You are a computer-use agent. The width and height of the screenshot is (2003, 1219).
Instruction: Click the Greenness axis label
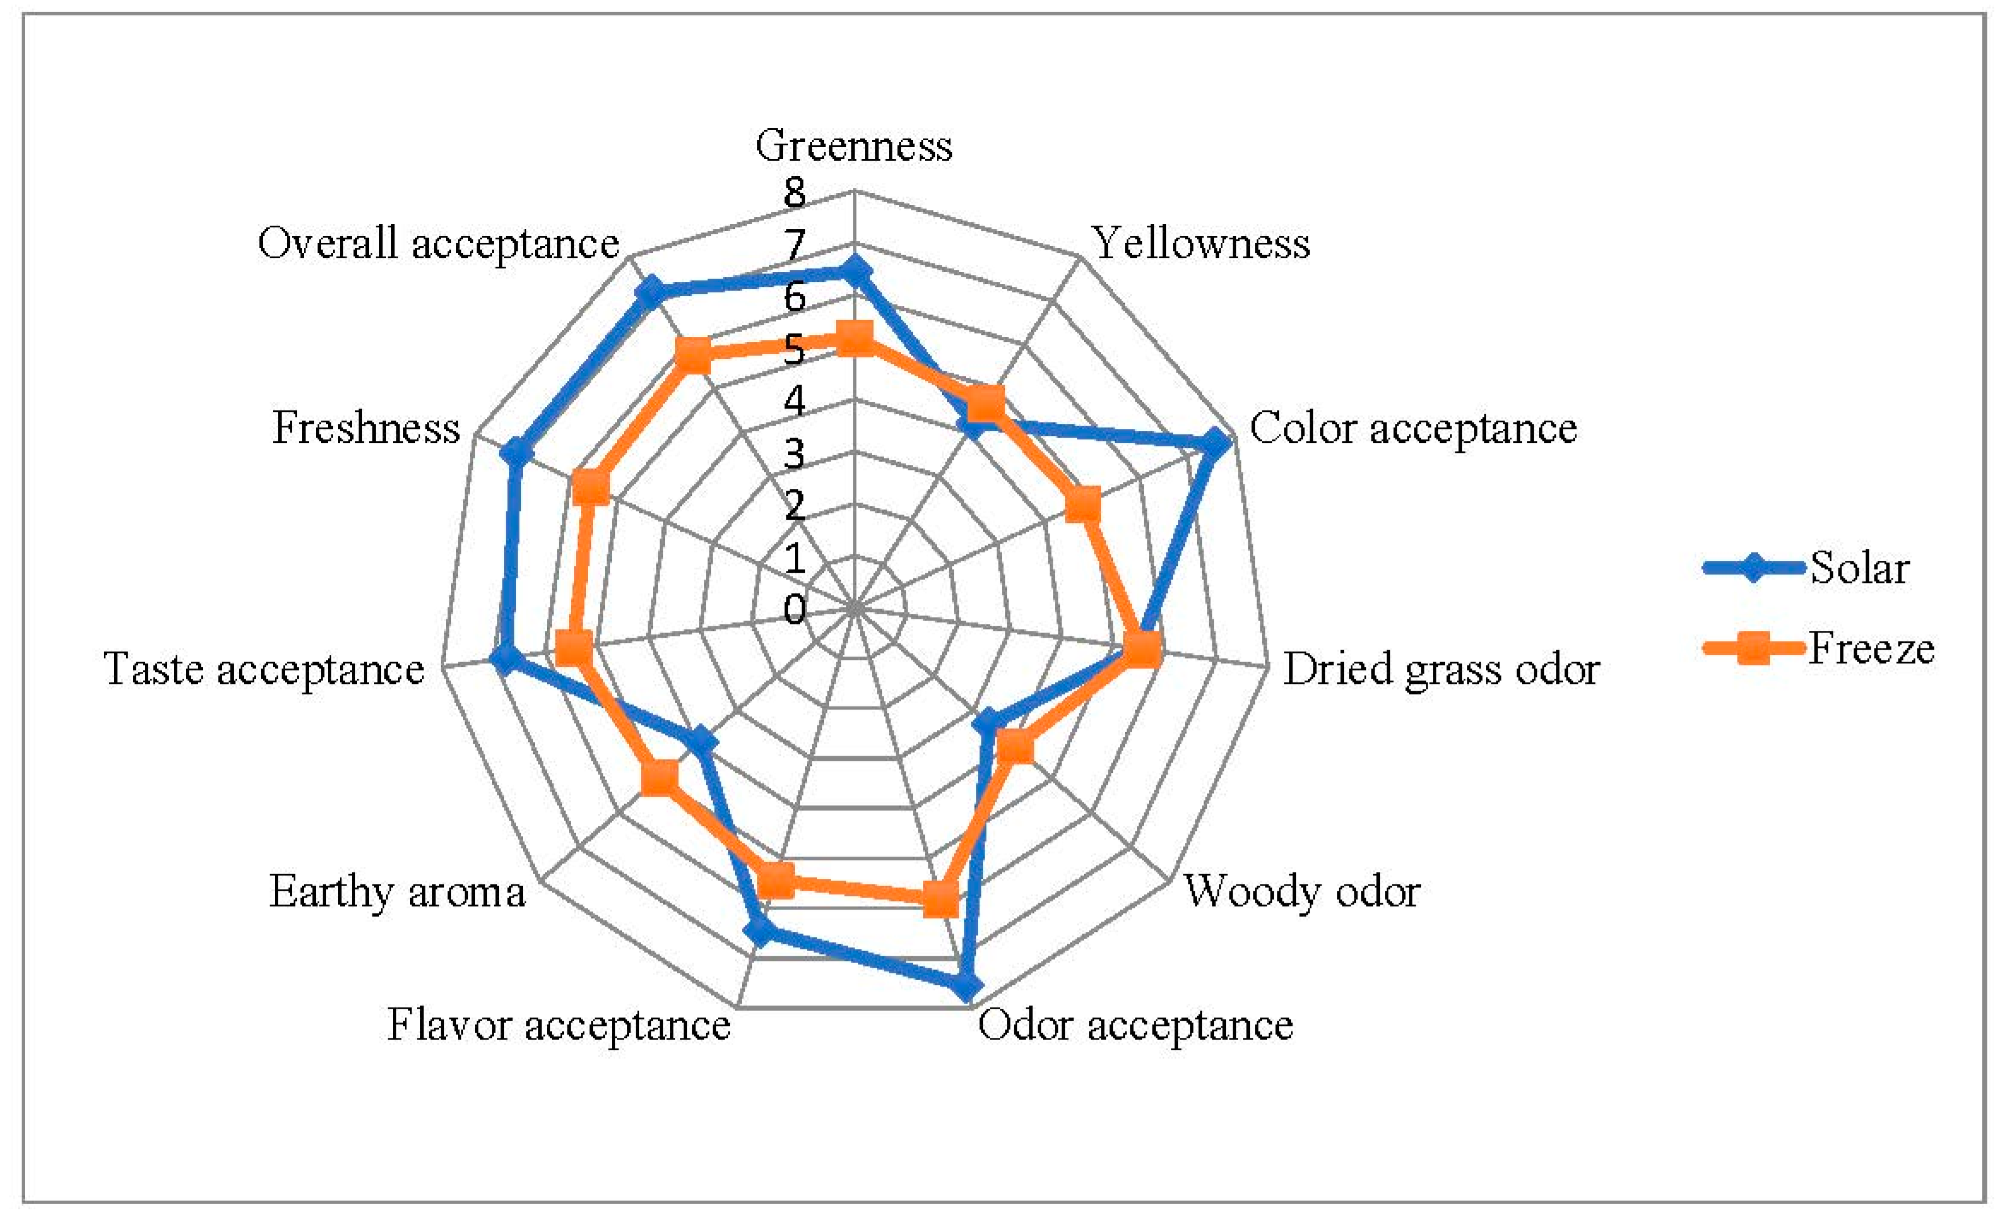(854, 146)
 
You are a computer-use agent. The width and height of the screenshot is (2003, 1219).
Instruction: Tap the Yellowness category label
(1201, 243)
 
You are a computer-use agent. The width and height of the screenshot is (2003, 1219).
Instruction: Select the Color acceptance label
(1413, 429)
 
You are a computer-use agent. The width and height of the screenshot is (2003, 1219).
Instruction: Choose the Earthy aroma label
(397, 892)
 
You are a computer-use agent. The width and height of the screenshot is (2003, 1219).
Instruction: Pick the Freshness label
(366, 429)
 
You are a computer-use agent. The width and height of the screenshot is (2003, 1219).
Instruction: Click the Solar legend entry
(1860, 568)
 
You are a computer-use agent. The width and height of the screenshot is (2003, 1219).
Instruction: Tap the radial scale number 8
(794, 193)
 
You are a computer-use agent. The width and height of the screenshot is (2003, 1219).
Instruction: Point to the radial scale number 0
(794, 610)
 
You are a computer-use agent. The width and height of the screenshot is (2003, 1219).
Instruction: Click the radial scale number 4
(794, 401)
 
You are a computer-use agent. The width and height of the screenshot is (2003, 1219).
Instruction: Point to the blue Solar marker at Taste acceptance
(504, 659)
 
